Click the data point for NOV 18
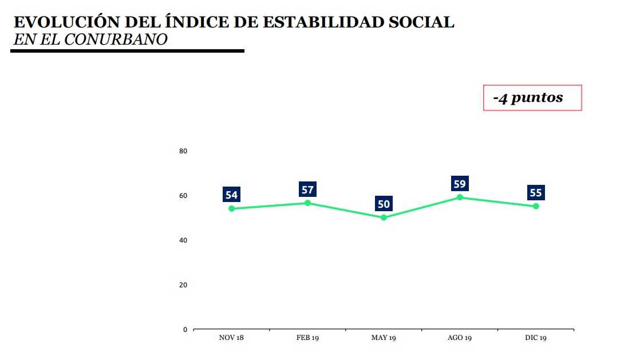coord(231,208)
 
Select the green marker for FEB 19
coord(307,203)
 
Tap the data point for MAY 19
coord(384,217)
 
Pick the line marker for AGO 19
coord(460,197)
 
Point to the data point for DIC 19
coord(536,206)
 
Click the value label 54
coord(231,195)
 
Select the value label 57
coord(307,189)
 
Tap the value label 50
coord(384,204)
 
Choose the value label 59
coord(460,184)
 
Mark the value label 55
coord(536,193)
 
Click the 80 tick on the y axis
coord(183,151)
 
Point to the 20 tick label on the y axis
coord(183,285)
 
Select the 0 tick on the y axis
coord(185,330)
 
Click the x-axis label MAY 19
coord(384,338)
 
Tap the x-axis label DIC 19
coord(536,338)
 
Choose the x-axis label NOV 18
coord(231,338)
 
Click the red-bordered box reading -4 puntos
coord(532,98)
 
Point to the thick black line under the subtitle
coord(127,51)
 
